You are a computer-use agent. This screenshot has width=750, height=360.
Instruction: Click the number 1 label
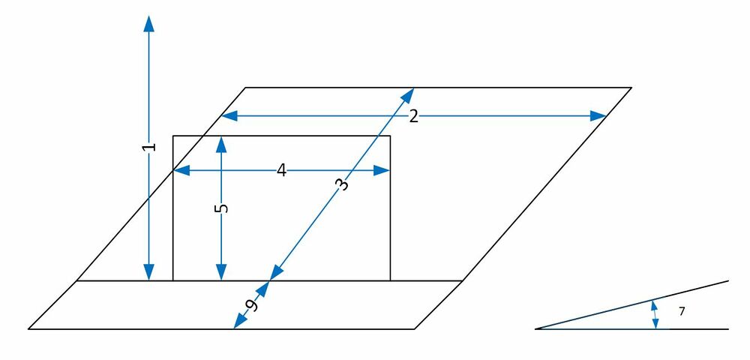click(148, 147)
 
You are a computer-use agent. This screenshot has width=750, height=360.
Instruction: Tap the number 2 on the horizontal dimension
click(413, 116)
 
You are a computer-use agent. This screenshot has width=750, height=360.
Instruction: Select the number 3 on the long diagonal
click(341, 184)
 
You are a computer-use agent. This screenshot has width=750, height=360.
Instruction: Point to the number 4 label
click(281, 171)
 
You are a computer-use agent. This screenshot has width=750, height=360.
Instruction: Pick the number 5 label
click(220, 208)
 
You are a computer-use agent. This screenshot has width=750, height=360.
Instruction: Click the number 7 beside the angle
click(681, 310)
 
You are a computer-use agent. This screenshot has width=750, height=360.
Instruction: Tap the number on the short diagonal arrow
click(253, 304)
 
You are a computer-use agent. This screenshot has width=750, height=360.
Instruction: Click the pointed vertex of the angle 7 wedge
click(536, 328)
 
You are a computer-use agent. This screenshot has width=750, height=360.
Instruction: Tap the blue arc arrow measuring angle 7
click(655, 314)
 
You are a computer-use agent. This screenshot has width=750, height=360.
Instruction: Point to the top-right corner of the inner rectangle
click(390, 136)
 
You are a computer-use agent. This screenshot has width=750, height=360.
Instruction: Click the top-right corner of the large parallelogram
click(631, 88)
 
